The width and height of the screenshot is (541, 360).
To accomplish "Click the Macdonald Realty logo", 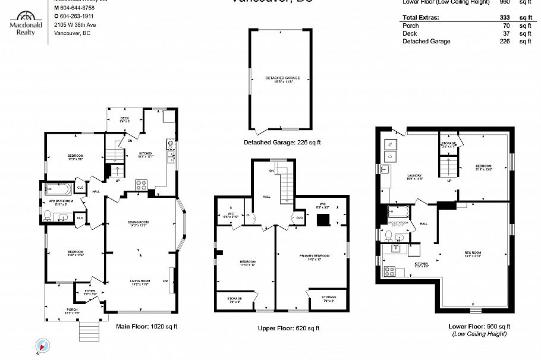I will click(x=26, y=22).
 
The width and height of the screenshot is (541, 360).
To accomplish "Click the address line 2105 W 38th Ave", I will click(x=75, y=25).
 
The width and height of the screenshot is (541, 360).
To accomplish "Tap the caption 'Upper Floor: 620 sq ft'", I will click(x=288, y=329).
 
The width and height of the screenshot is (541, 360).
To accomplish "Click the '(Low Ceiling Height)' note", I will click(x=479, y=334).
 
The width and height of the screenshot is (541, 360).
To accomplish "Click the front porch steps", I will click(x=88, y=330).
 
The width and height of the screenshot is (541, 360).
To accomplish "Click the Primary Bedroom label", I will click(x=314, y=257).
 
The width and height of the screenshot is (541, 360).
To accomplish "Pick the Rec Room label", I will click(x=473, y=253).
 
